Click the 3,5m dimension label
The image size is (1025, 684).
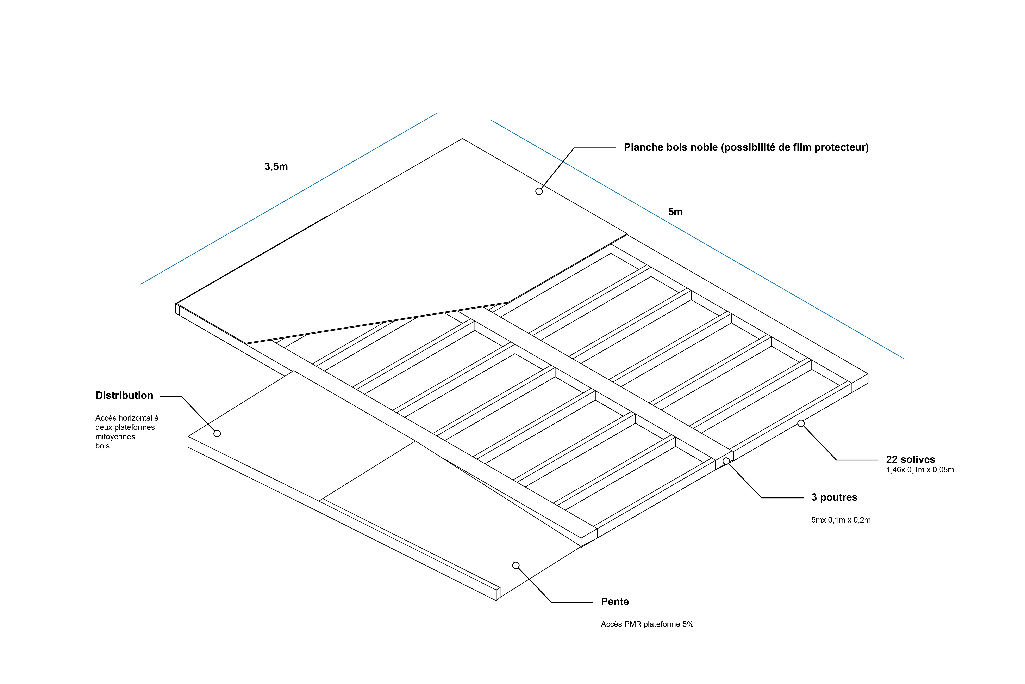[x=276, y=167]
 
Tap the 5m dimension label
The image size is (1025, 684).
[x=675, y=212]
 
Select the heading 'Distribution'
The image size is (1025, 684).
[x=124, y=396]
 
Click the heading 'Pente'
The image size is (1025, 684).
[x=614, y=602]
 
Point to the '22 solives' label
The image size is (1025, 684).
[x=910, y=460]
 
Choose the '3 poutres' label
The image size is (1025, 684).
[x=834, y=498]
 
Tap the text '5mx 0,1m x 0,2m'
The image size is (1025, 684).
[x=841, y=520]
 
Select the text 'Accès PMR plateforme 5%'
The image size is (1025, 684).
[x=647, y=624]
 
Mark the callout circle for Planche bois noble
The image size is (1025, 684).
[x=539, y=191]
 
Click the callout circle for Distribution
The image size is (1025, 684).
[x=217, y=434]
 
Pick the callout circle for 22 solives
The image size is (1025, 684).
[x=801, y=423]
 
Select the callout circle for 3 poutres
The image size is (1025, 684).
[x=726, y=461]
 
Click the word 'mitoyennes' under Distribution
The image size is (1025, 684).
[x=115, y=437]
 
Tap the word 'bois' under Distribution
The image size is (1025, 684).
[x=102, y=446]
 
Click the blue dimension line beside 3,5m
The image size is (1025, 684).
[x=288, y=199]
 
